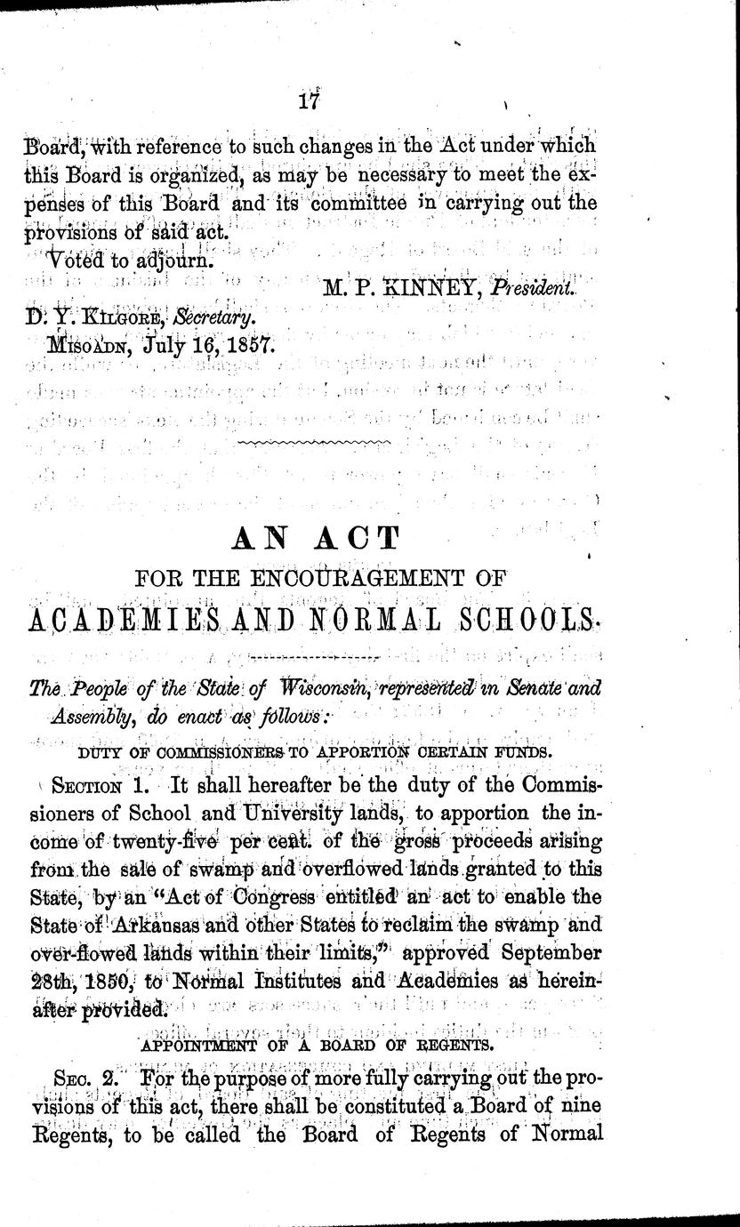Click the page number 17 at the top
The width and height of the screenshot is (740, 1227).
[310, 100]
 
